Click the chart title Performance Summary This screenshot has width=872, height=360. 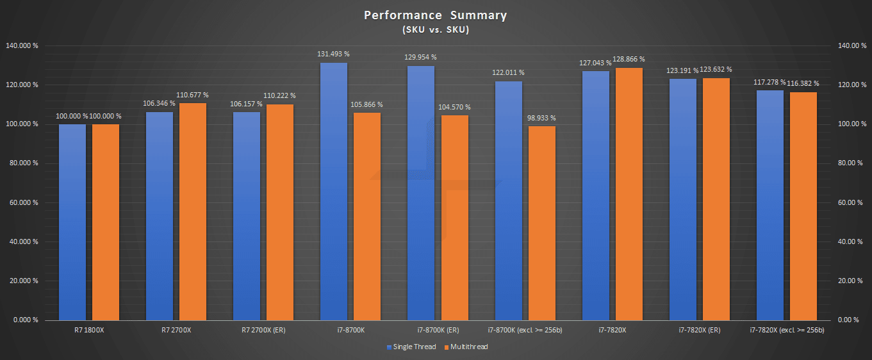436,15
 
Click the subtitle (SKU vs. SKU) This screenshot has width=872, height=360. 436,29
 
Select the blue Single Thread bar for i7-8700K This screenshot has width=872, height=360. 333,192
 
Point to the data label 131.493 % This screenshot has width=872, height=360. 333,54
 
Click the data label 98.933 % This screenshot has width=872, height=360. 542,118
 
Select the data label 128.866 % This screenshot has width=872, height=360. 629,59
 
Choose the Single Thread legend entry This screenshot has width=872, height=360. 411,347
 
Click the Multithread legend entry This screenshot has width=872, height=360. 468,347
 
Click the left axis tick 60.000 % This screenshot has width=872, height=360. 24,202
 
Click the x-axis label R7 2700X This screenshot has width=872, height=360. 176,331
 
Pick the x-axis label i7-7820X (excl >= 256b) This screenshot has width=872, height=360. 786,331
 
